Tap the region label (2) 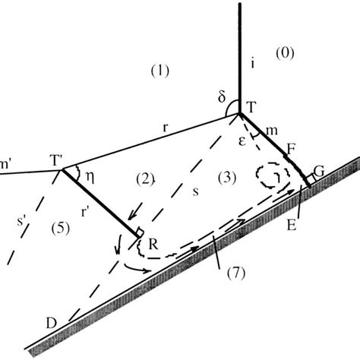coord(145,178)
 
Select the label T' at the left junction coord(58,161)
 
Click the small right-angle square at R coord(140,232)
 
